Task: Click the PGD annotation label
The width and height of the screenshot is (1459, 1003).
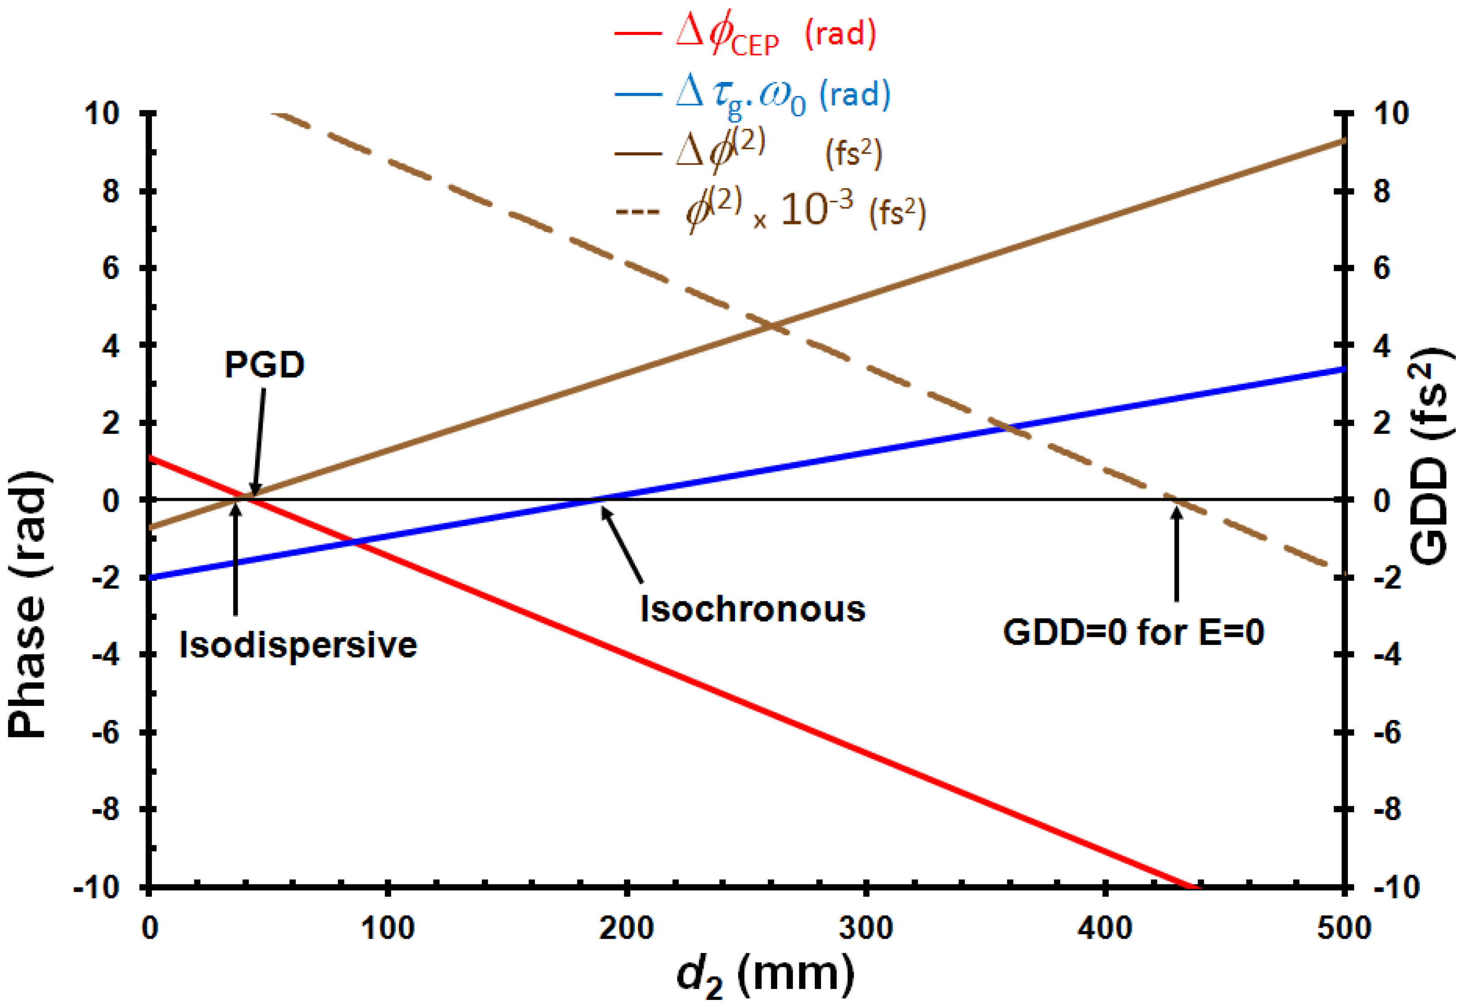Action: click(x=264, y=364)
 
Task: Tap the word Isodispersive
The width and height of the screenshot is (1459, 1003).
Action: click(x=298, y=645)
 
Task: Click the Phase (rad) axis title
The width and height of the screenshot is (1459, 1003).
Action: click(x=28, y=603)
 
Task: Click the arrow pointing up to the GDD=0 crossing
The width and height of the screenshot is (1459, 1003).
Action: click(x=1176, y=553)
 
